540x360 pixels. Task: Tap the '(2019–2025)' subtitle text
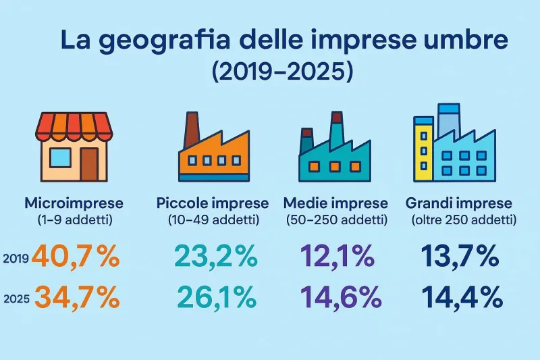pos(282,72)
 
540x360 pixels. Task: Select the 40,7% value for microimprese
pos(74,257)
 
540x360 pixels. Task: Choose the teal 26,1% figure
pos(217,297)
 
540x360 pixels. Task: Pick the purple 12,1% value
pos(336,257)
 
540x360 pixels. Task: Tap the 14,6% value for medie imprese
pos(336,297)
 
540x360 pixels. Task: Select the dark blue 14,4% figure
pos(462,297)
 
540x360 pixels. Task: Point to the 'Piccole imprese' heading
pos(212,203)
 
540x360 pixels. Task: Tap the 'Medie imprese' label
pos(335,203)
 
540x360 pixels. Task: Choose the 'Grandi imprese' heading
pos(459,203)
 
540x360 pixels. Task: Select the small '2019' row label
pos(15,259)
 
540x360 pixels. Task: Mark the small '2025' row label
pos(16,298)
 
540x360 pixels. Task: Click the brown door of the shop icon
pos(88,163)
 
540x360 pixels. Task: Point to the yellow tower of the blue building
pos(423,149)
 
